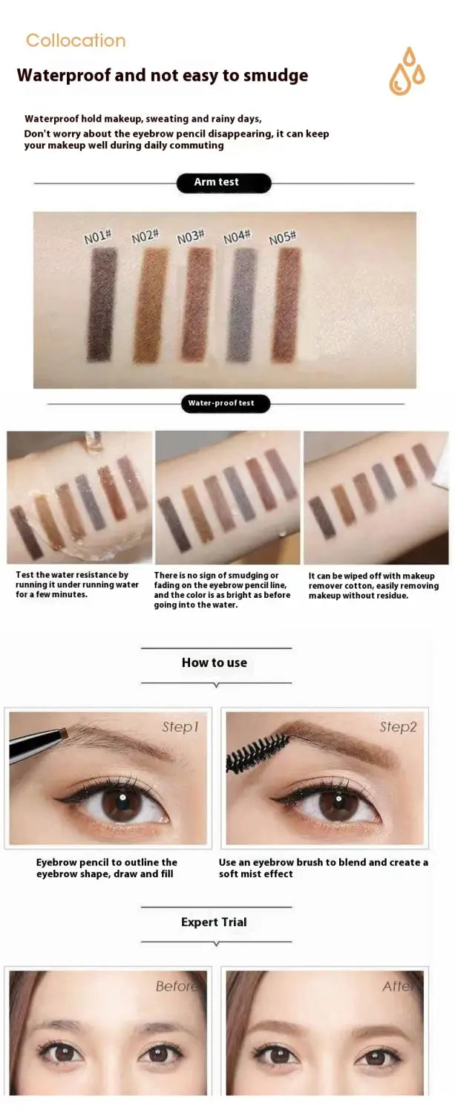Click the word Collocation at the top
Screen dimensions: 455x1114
tap(76, 41)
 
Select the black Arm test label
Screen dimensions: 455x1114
tap(223, 183)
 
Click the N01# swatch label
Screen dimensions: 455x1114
tap(98, 237)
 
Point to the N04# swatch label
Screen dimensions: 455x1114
tap(237, 237)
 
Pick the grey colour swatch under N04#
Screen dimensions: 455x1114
tap(243, 304)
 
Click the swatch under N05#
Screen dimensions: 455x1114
tap(286, 304)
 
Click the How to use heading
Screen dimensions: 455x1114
tap(215, 662)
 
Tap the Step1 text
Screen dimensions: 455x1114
tap(180, 727)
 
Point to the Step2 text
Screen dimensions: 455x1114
tap(398, 727)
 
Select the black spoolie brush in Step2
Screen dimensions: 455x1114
tap(258, 754)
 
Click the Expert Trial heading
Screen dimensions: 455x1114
tap(214, 922)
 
